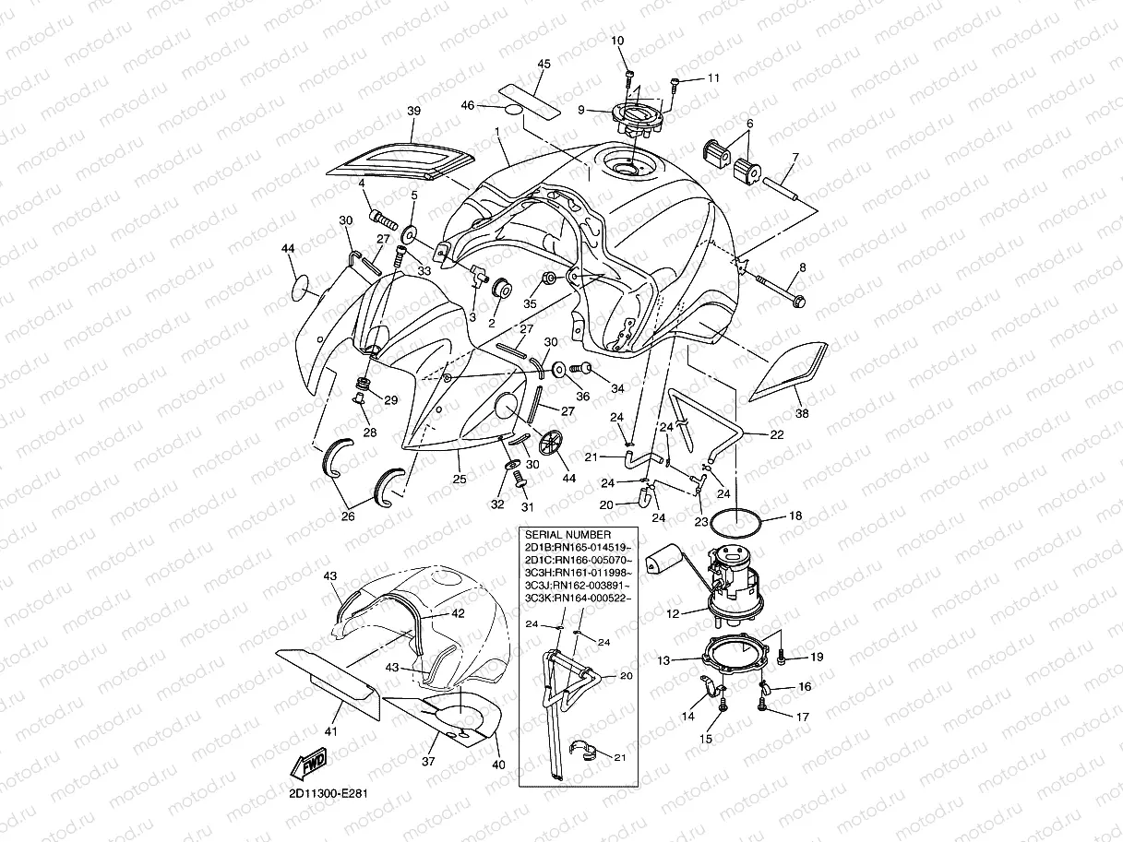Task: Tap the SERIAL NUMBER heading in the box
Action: [567, 535]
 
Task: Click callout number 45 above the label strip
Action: [544, 64]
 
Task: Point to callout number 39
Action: [413, 112]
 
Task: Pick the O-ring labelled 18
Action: [737, 523]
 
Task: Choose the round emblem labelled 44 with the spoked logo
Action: [550, 442]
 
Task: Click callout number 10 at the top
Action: [617, 40]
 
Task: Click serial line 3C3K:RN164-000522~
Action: [577, 599]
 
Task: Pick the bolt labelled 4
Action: [383, 219]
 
